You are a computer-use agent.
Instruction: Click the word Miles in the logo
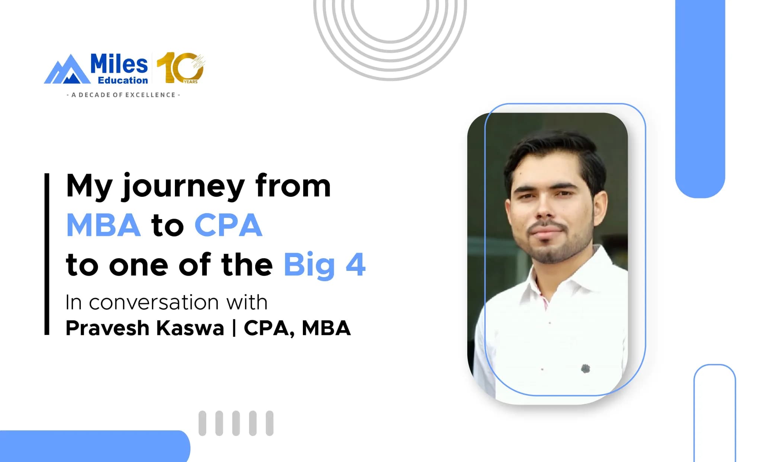tap(119, 64)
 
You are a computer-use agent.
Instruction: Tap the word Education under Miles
tap(123, 80)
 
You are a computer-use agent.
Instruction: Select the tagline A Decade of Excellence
tap(123, 95)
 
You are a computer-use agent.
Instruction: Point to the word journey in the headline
tap(182, 187)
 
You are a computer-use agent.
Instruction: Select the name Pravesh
tap(108, 328)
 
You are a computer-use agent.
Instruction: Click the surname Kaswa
tap(190, 328)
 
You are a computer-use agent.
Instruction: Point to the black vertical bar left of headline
tap(47, 254)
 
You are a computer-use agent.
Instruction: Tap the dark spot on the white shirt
tap(585, 369)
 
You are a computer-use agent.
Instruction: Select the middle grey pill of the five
tap(236, 423)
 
